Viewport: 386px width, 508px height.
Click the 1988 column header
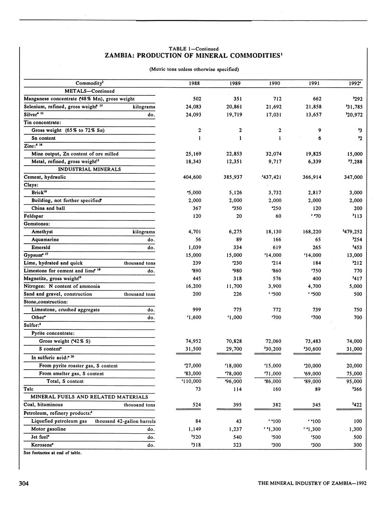click(x=194, y=83)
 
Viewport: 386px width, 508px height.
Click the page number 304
click(x=24, y=483)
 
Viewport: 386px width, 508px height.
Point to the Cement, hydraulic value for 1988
click(x=192, y=177)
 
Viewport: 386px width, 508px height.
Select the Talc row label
click(x=28, y=389)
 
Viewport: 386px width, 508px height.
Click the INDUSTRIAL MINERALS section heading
click(x=90, y=169)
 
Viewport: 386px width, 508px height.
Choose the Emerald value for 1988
click(x=194, y=247)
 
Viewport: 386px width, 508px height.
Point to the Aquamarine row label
click(x=45, y=240)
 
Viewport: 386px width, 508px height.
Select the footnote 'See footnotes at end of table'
click(x=52, y=452)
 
